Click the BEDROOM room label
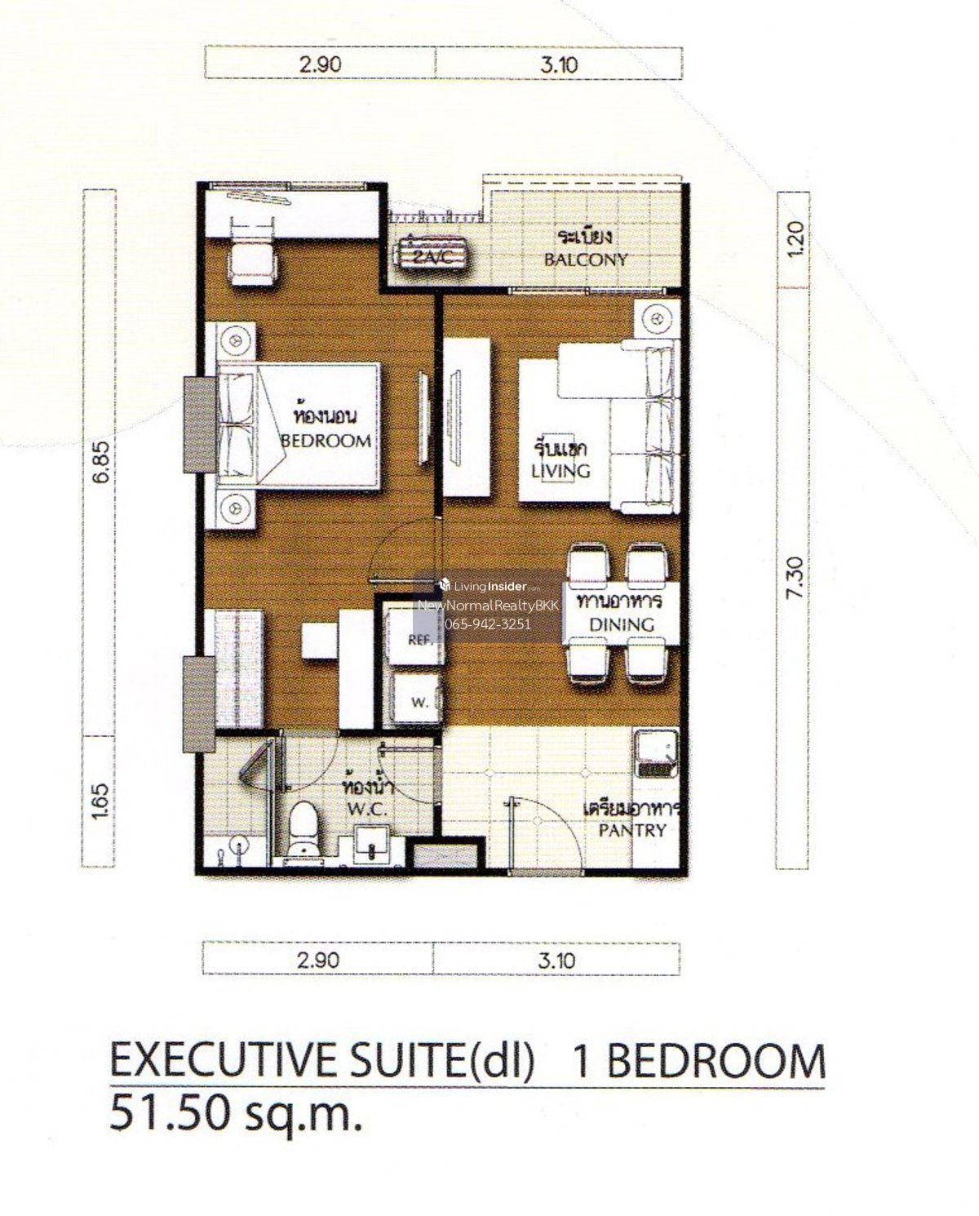point(326,441)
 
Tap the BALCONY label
point(586,260)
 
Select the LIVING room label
point(560,471)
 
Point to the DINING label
point(622,624)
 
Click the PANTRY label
point(632,830)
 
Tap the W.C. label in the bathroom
point(367,809)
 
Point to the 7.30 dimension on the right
point(795,577)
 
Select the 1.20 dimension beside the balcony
point(795,239)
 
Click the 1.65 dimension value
point(100,801)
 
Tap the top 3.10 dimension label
point(559,64)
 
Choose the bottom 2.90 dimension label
point(318,960)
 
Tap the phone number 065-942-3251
point(488,624)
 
